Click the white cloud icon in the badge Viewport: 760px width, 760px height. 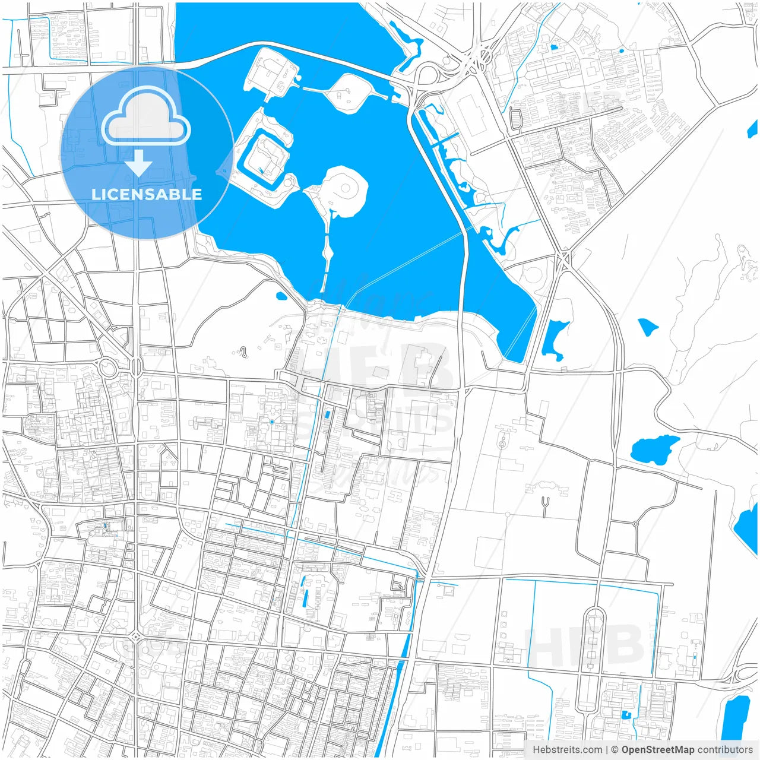click(x=146, y=119)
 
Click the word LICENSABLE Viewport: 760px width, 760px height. click(x=147, y=194)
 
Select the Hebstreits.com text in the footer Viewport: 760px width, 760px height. click(x=567, y=749)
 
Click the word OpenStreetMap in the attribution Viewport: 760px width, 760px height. click(x=657, y=749)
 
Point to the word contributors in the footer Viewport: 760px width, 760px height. click(x=724, y=749)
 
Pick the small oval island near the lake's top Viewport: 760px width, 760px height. click(x=347, y=91)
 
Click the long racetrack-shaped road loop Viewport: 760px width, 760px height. click(x=594, y=659)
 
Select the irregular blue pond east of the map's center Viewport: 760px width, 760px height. click(x=653, y=449)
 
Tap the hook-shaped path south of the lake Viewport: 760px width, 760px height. click(x=243, y=353)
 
